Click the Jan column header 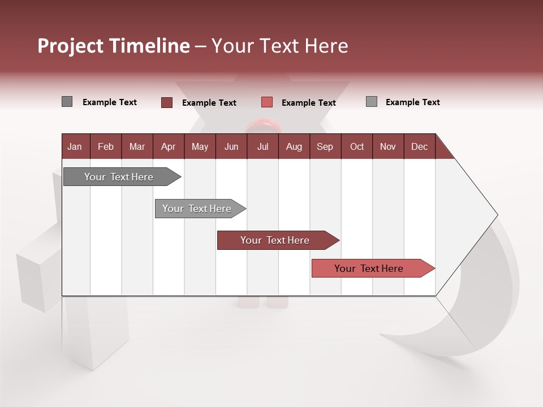pyautogui.click(x=75, y=146)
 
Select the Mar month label pyautogui.click(x=137, y=146)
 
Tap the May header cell pyautogui.click(x=200, y=146)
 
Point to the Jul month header pyautogui.click(x=262, y=146)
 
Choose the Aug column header pyautogui.click(x=294, y=146)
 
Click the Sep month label pyautogui.click(x=325, y=146)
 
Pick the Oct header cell pyautogui.click(x=357, y=146)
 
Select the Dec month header pyautogui.click(x=419, y=146)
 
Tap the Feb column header pyautogui.click(x=106, y=146)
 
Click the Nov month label pyautogui.click(x=387, y=146)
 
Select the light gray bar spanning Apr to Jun pyautogui.click(x=197, y=209)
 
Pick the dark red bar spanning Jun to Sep pyautogui.click(x=275, y=240)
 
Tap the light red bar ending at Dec pyautogui.click(x=369, y=269)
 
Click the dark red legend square pyautogui.click(x=167, y=102)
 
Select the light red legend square pyautogui.click(x=267, y=102)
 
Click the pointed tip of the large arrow pyautogui.click(x=495, y=215)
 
